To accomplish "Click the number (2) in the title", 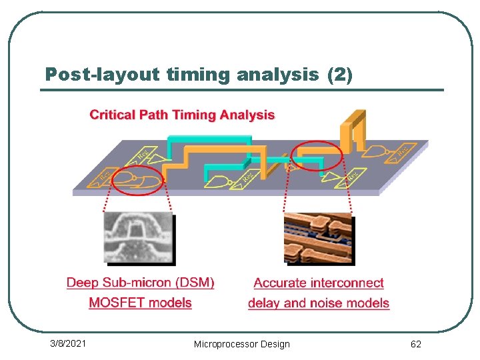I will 340,75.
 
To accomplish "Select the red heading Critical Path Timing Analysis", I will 182,115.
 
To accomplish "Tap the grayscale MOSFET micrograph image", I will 139,237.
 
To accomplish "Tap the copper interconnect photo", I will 319,238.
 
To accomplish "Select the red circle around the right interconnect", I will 317,157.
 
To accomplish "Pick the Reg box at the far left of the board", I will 104,175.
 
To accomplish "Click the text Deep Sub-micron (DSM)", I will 141,283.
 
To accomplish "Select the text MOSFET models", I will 141,303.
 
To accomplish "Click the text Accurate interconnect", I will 319,283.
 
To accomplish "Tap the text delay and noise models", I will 319,303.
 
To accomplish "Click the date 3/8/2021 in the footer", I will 69,343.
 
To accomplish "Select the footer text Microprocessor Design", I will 241,344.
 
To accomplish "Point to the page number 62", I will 415,344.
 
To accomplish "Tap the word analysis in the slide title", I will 277,75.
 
